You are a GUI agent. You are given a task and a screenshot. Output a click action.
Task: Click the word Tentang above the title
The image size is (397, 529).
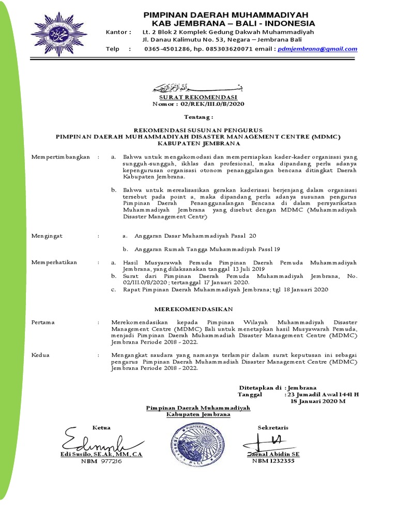pos(198,118)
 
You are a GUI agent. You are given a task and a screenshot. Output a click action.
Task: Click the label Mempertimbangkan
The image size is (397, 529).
pos(60,157)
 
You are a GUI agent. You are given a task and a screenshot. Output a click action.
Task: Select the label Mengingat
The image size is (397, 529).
pos(47,236)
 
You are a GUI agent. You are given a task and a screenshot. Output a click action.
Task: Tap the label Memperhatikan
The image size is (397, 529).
pos(54,262)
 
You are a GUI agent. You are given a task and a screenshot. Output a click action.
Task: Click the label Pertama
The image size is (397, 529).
pos(43,322)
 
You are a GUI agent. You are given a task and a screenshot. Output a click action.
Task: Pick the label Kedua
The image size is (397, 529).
pos(41,355)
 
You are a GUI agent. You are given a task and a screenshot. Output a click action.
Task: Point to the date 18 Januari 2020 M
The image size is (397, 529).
pos(317,400)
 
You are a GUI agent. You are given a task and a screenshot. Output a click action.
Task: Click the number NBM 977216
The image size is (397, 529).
pos(101,461)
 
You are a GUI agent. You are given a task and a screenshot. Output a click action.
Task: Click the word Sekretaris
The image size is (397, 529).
pos(273,428)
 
